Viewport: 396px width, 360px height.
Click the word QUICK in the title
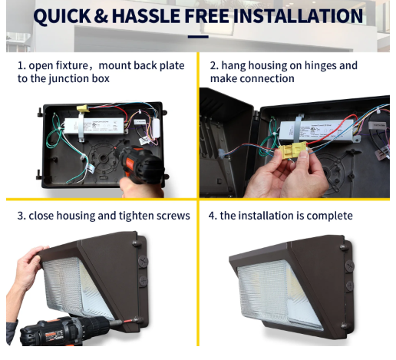[x=62, y=16]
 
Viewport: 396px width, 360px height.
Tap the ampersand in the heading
[x=101, y=16]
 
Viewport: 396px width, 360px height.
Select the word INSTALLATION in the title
[x=298, y=16]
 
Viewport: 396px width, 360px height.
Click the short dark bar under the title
[x=198, y=37]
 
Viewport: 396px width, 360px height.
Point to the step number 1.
[x=21, y=66]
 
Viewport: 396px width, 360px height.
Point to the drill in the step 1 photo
[x=140, y=162]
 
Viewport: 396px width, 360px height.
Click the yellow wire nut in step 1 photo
[x=83, y=108]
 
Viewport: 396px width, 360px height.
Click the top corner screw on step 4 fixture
[x=343, y=247]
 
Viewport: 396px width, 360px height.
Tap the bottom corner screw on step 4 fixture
[x=344, y=325]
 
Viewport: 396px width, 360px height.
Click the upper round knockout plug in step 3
[x=144, y=262]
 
